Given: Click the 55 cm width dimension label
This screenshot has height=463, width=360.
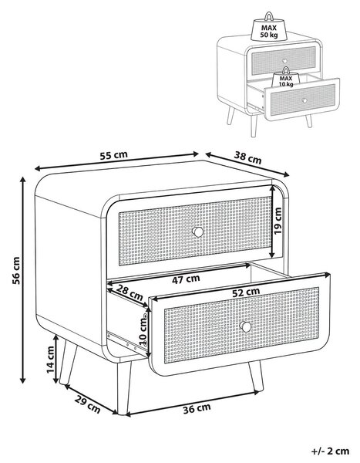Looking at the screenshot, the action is point(113,155).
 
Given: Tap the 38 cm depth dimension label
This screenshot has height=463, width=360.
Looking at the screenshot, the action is point(248,157).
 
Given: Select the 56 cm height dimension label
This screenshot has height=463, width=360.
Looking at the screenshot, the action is point(16,270).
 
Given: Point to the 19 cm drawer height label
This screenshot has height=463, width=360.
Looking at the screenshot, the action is point(278,221).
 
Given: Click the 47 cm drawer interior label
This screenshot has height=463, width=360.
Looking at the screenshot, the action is point(186,279).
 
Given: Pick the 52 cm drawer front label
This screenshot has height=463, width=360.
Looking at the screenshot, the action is point(246,292).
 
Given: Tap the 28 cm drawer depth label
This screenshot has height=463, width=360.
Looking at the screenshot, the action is point(130,292).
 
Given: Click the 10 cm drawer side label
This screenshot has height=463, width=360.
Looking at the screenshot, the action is point(143,330).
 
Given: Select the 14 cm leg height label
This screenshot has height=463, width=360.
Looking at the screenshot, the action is point(50,360).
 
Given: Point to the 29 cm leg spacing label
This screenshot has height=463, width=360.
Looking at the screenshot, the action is point(87,404).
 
